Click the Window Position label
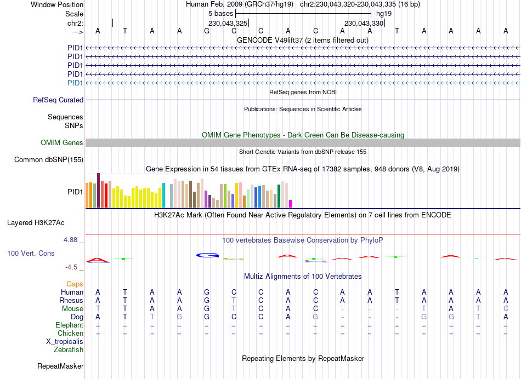[x=57, y=4]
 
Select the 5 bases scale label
[x=220, y=14]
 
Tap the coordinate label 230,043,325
[x=228, y=23]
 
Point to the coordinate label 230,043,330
[x=364, y=23]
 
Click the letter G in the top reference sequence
[x=207, y=31]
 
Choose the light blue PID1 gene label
[x=75, y=83]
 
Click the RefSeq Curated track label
[x=58, y=100]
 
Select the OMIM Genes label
[x=62, y=142]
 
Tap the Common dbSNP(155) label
[x=49, y=160]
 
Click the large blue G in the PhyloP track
[x=208, y=255]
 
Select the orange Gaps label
[x=75, y=284]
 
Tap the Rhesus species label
[x=71, y=301]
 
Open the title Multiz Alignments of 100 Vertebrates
[x=302, y=276]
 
